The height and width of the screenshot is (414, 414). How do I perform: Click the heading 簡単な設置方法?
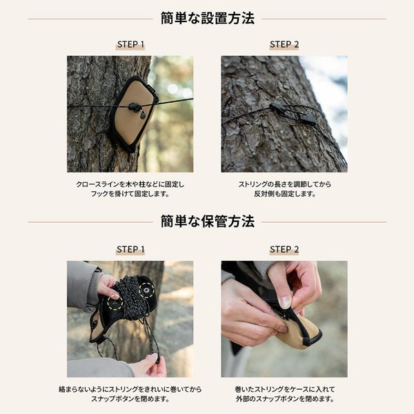[x=207, y=19]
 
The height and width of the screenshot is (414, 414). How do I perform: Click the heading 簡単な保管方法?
[x=207, y=221]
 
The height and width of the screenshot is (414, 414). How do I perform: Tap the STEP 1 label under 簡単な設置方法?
[x=130, y=45]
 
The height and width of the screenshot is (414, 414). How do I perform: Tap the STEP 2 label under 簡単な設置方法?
[x=284, y=45]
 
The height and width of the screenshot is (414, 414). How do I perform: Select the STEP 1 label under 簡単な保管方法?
[x=130, y=249]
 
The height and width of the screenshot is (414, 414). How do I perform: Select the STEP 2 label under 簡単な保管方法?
[x=284, y=249]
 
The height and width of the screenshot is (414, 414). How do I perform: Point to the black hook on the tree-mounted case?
[x=135, y=107]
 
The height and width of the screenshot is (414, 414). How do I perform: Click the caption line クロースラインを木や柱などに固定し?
[x=130, y=185]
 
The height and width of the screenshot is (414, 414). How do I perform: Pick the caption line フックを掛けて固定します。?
[x=130, y=195]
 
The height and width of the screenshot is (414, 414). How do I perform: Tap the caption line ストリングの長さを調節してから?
[x=284, y=185]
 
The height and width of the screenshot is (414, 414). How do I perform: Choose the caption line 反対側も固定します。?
[x=284, y=195]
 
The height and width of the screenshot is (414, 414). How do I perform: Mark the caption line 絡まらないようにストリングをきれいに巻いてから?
[x=130, y=389]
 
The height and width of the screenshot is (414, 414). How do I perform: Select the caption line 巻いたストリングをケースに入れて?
[x=284, y=389]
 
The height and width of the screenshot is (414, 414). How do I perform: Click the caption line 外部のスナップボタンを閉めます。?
[x=284, y=399]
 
